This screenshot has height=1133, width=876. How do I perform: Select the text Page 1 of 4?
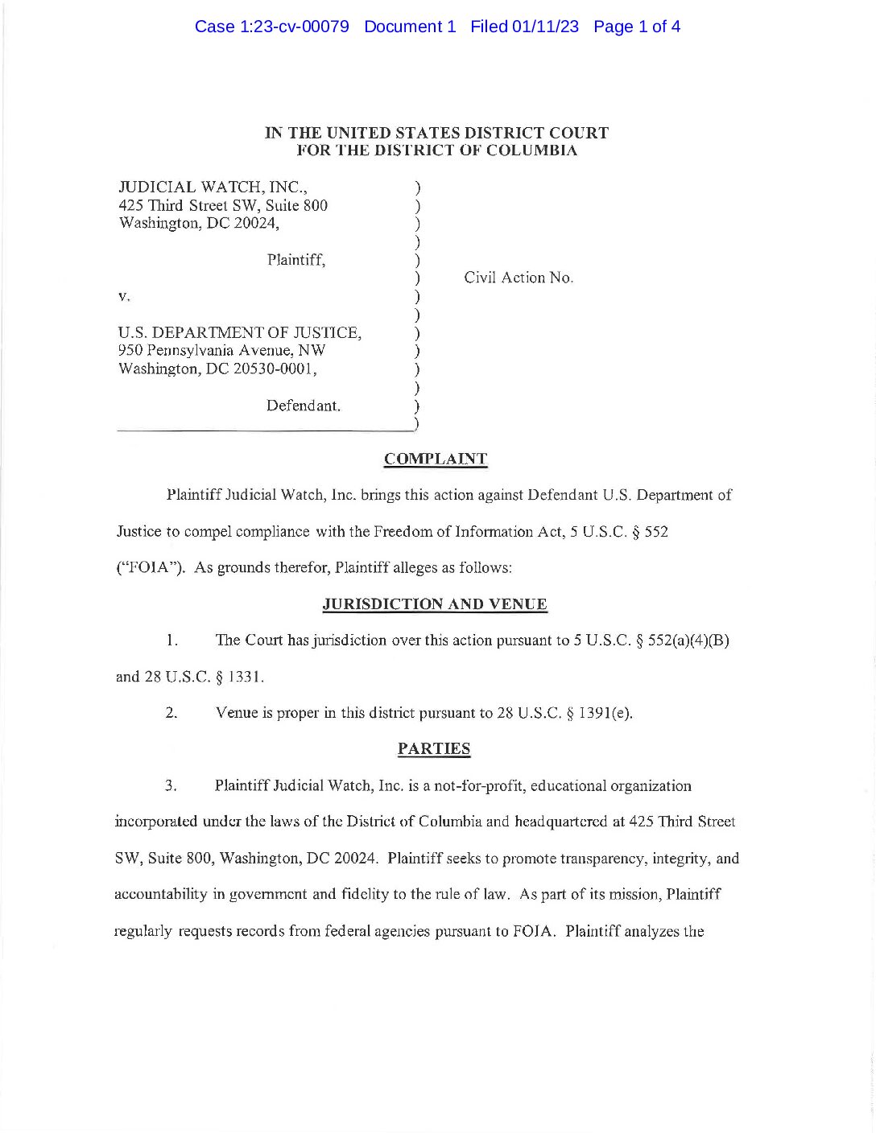click(x=636, y=27)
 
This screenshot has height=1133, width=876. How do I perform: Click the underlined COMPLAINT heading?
click(x=435, y=459)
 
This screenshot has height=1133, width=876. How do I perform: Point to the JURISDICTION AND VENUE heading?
click(x=435, y=604)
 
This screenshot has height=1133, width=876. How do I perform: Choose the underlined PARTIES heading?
click(x=434, y=749)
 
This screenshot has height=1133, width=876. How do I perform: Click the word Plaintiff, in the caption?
click(x=296, y=260)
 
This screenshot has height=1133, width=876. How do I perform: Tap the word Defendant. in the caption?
click(x=304, y=406)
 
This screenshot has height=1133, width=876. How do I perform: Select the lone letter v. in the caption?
click(x=123, y=296)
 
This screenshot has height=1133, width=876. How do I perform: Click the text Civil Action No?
click(x=519, y=278)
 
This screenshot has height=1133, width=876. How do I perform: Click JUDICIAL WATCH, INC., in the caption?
click(x=213, y=187)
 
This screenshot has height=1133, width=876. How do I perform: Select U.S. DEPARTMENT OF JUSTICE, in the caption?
click(x=239, y=332)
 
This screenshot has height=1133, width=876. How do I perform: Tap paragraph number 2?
click(x=171, y=713)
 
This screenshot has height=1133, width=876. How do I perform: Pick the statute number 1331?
click(x=245, y=677)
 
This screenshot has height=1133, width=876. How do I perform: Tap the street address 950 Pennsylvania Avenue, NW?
click(x=221, y=351)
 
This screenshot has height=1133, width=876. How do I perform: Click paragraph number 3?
click(x=171, y=786)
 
